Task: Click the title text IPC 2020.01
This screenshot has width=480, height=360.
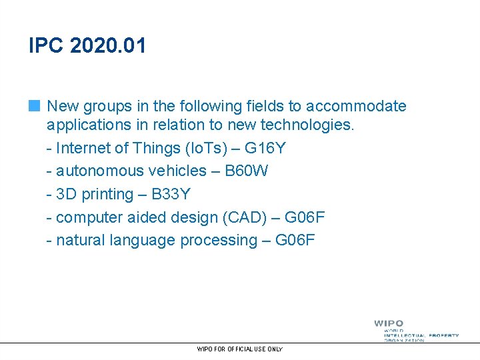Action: click(87, 46)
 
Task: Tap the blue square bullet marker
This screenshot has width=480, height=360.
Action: click(35, 105)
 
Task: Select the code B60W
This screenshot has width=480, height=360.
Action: click(246, 171)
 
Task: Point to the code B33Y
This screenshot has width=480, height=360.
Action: click(171, 194)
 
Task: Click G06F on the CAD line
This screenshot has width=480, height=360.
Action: click(305, 217)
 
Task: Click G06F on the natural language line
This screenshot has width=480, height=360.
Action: click(295, 240)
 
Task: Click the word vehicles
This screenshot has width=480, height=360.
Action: click(179, 171)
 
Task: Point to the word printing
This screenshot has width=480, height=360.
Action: click(106, 194)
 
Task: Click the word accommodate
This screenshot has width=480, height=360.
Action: click(357, 106)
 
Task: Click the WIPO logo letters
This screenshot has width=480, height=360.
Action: click(388, 323)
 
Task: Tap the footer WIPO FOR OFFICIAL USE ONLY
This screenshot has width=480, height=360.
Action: click(240, 349)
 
